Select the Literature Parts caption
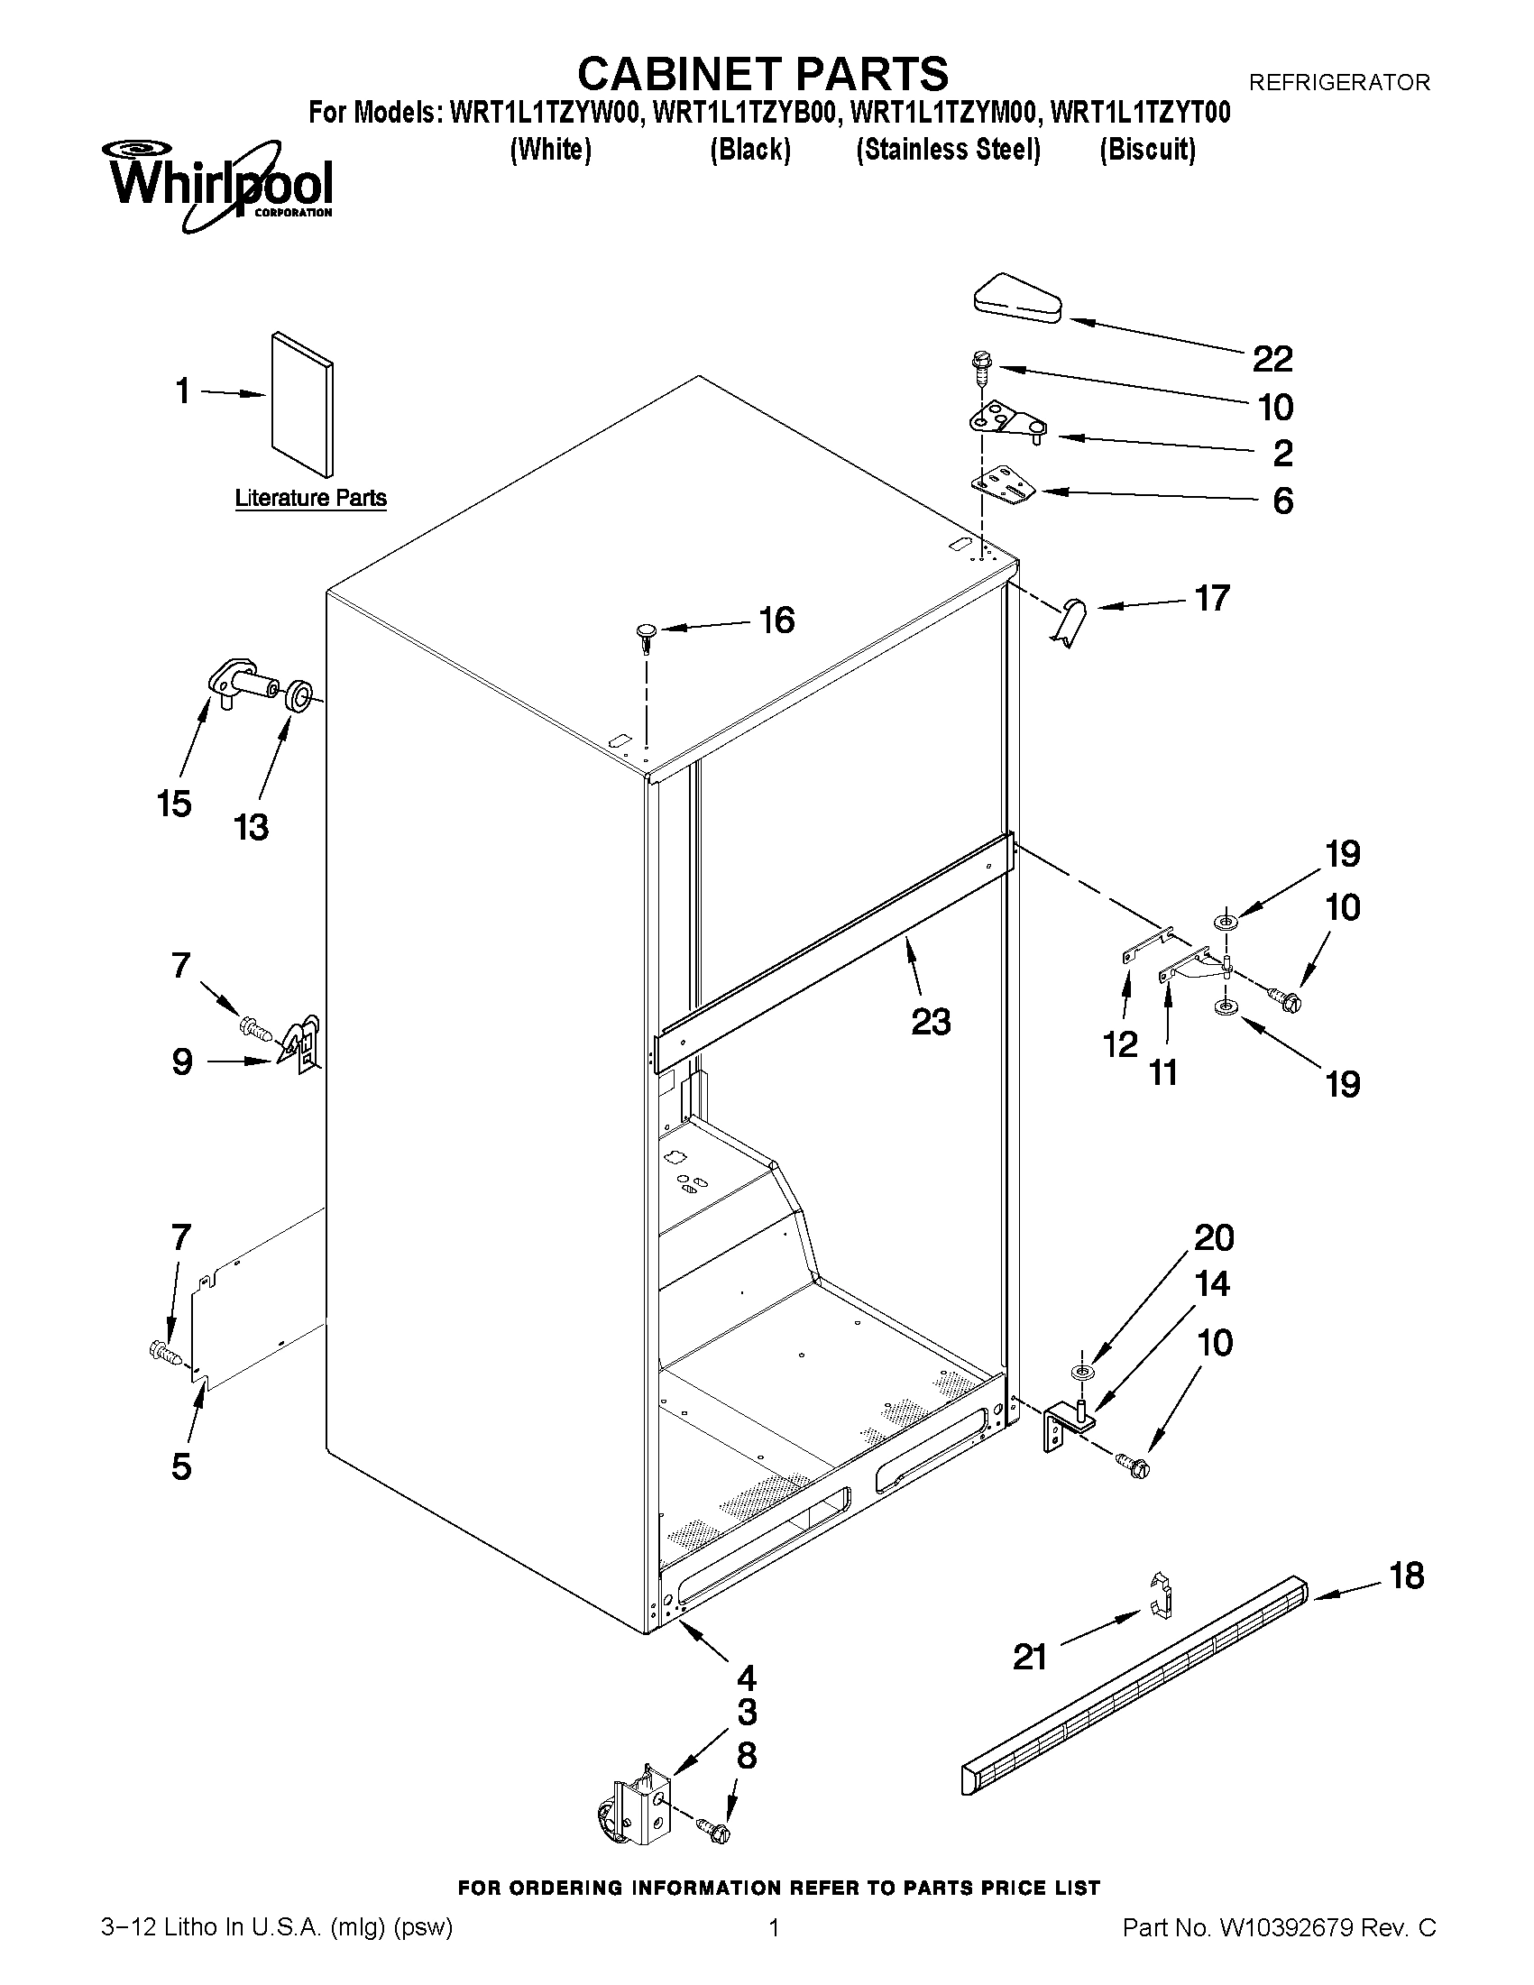pos(311,498)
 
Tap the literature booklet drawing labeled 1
pos(302,402)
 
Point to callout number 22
pos(1272,360)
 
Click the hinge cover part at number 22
pos(1019,299)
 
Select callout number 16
pos(776,620)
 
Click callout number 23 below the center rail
pos(931,1022)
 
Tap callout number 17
pos(1211,598)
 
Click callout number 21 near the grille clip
pos(1030,1658)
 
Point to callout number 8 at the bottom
pos(746,1755)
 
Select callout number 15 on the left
pos(173,804)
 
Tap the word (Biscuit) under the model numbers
pos(1147,149)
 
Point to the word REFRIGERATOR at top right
pos(1338,83)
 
